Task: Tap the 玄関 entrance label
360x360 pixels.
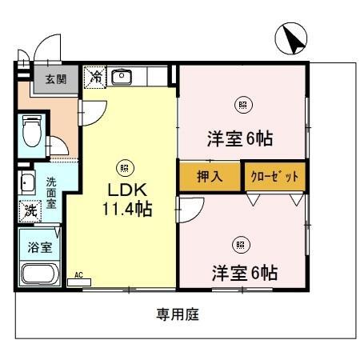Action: click(x=55, y=79)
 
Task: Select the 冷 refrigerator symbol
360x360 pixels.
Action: click(x=95, y=77)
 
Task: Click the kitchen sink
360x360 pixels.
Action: click(x=122, y=77)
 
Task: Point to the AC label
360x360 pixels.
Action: click(x=78, y=274)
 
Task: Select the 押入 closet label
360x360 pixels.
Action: click(x=210, y=175)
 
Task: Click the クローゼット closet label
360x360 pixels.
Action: click(x=274, y=175)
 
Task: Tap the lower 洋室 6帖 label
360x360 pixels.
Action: click(x=244, y=272)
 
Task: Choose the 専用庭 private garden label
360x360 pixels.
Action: click(x=177, y=314)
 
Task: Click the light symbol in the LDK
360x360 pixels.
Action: click(x=124, y=167)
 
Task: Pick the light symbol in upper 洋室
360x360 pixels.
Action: click(x=242, y=102)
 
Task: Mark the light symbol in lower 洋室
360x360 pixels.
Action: click(x=239, y=244)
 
